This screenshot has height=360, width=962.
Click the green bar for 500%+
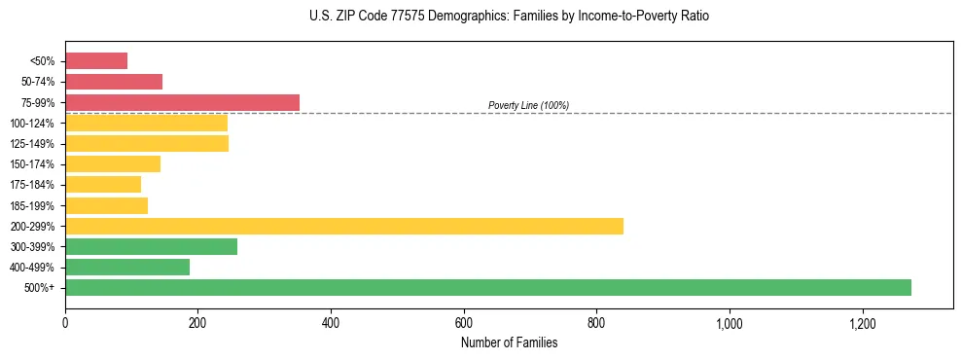coord(487,287)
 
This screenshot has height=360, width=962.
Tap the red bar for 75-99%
coord(182,102)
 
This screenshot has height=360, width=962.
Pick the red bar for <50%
coord(96,61)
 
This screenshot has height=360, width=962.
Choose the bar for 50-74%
coord(114,82)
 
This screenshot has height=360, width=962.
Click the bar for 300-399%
coord(151,246)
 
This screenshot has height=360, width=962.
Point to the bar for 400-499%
coord(127,267)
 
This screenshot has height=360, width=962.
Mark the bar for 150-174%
coord(113,163)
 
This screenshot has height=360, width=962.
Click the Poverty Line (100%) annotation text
coord(528,105)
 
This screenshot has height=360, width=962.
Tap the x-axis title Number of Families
coord(509,342)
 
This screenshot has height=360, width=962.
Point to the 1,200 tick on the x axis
coord(862,323)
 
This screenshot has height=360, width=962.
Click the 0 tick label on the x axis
coord(65,323)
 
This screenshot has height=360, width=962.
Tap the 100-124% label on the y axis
coord(32,124)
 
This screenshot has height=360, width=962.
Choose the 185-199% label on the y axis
coord(32,205)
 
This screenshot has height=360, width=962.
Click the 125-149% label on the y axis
coord(32,144)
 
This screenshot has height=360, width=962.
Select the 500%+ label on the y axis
coord(39,288)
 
